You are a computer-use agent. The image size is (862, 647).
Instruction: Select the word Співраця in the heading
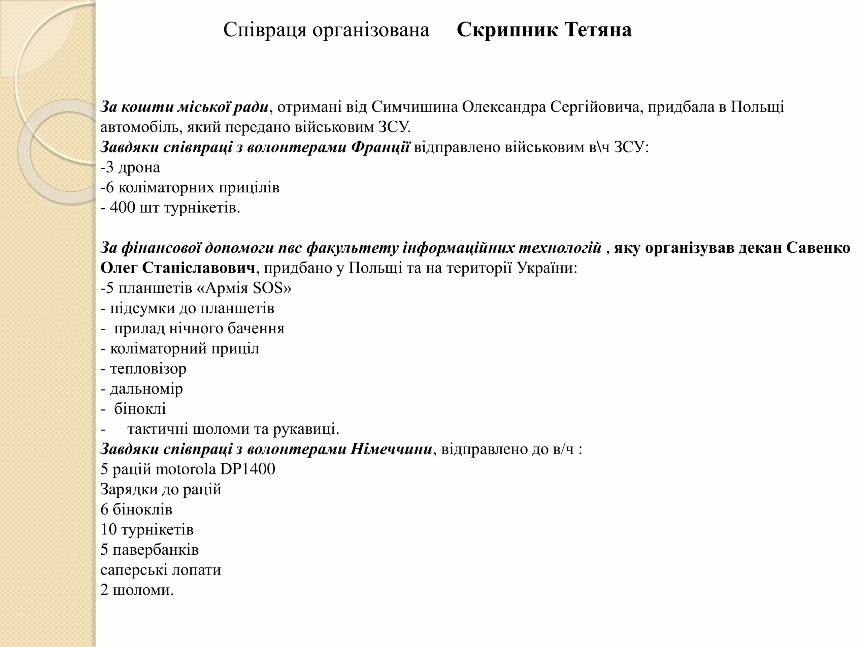tap(265, 30)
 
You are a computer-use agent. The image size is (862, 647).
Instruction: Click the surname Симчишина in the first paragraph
tap(414, 107)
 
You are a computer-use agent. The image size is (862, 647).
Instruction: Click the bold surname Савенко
tap(818, 248)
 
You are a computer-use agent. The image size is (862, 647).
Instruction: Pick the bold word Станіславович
tap(198, 268)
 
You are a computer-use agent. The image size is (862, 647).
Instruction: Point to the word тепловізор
tap(148, 369)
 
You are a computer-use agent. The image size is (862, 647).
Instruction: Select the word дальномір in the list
tap(146, 389)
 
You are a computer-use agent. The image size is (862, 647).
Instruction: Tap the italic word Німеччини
tap(391, 449)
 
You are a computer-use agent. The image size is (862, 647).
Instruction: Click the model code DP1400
tap(247, 469)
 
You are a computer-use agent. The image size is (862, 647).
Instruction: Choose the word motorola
tap(185, 469)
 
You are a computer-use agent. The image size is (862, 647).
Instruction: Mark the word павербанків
tap(156, 550)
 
